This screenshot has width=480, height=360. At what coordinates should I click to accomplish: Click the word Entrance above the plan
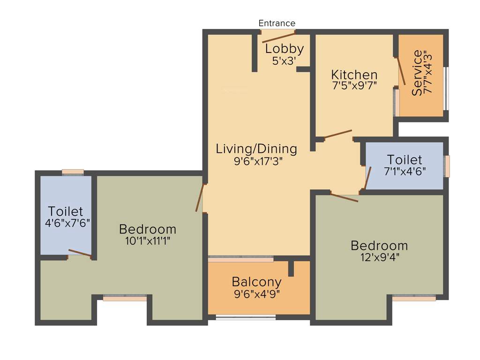pyautogui.click(x=277, y=23)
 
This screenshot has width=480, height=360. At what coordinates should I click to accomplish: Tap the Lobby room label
pyautogui.click(x=284, y=49)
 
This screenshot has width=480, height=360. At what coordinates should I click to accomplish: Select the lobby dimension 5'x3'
pyautogui.click(x=284, y=60)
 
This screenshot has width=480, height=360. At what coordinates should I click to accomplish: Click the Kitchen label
pyautogui.click(x=354, y=75)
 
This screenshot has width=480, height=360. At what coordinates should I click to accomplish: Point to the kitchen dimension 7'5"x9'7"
pyautogui.click(x=354, y=85)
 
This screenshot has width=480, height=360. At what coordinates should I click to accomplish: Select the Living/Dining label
pyautogui.click(x=256, y=149)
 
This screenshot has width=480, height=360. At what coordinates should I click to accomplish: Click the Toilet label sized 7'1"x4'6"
pyautogui.click(x=404, y=160)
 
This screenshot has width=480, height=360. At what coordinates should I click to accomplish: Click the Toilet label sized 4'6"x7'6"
pyautogui.click(x=66, y=211)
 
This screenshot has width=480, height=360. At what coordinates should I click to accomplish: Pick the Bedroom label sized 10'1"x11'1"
pyautogui.click(x=148, y=229)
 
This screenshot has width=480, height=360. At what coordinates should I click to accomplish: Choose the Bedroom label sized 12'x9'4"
pyautogui.click(x=379, y=245)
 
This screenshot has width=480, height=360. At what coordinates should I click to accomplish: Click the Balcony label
pyautogui.click(x=257, y=282)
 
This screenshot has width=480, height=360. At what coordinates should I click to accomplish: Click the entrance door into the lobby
pyautogui.click(x=278, y=36)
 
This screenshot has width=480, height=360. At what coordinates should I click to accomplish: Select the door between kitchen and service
pyautogui.click(x=401, y=71)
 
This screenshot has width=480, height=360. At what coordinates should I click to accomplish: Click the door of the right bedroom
pyautogui.click(x=344, y=197)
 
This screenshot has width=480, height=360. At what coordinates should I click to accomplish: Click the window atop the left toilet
pyautogui.click(x=73, y=172)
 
